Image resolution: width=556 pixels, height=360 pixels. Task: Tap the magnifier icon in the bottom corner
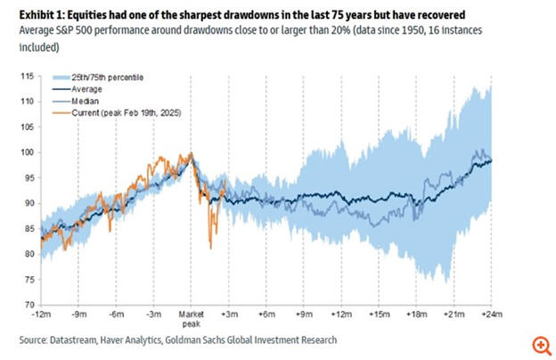[541, 345]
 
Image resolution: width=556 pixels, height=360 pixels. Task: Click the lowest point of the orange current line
[210, 249]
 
